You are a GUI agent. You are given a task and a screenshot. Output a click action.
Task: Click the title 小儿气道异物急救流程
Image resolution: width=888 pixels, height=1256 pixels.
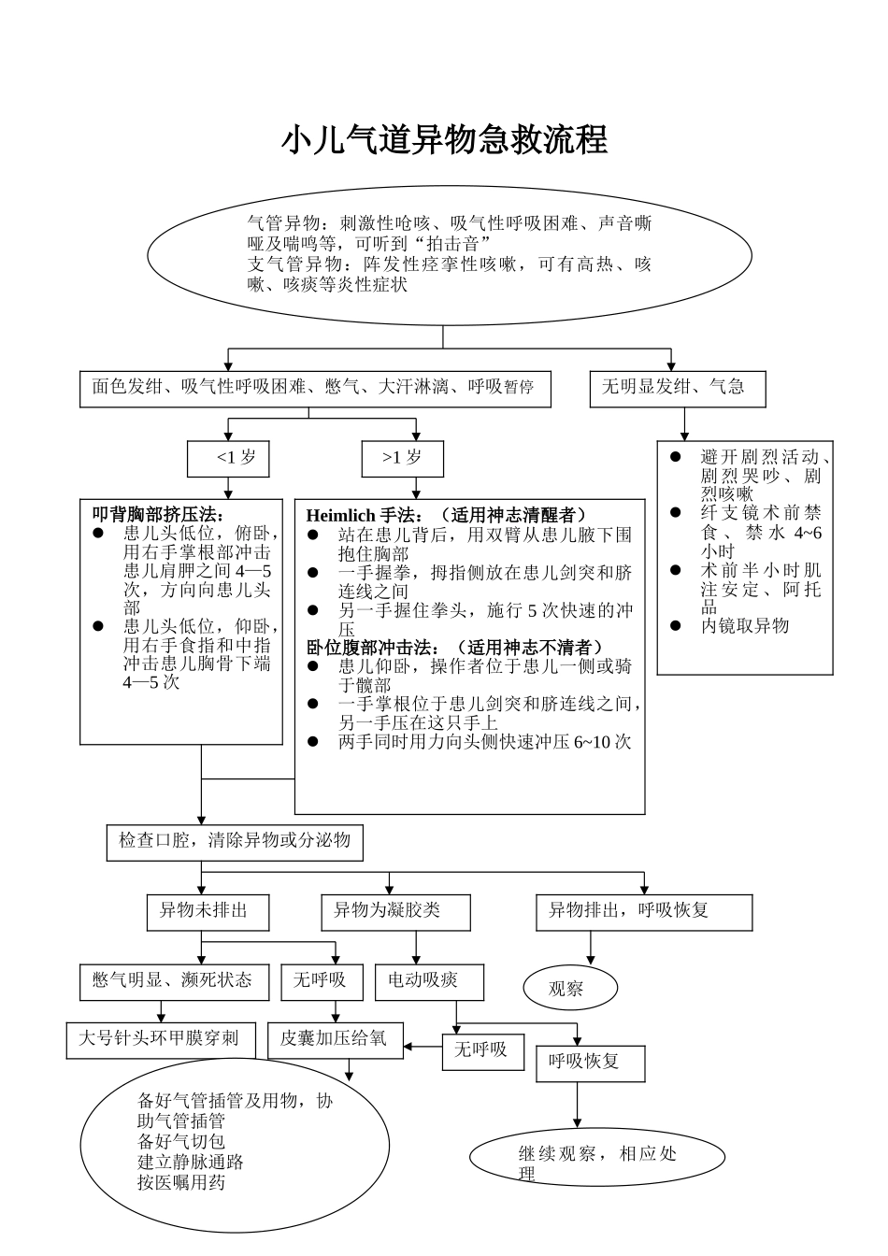pyautogui.click(x=444, y=140)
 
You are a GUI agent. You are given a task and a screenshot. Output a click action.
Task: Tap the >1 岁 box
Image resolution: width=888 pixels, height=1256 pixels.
pyautogui.click(x=403, y=458)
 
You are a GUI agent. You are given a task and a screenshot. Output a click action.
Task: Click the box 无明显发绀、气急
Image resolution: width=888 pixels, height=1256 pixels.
pyautogui.click(x=677, y=388)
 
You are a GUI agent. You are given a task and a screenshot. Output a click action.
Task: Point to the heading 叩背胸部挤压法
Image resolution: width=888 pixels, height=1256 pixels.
pyautogui.click(x=157, y=514)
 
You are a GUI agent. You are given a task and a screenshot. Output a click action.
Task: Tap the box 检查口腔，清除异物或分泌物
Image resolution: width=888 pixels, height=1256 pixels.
pyautogui.click(x=235, y=841)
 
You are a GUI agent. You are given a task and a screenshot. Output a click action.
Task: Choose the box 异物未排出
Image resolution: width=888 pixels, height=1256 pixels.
pyautogui.click(x=208, y=911)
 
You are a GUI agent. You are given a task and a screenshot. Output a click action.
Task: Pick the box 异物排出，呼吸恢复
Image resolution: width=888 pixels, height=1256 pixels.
pyautogui.click(x=644, y=911)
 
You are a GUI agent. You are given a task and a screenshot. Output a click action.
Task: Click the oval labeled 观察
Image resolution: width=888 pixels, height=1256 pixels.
pyautogui.click(x=570, y=989)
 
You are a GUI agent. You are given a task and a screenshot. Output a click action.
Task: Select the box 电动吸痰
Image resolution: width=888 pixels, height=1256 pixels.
pyautogui.click(x=429, y=981)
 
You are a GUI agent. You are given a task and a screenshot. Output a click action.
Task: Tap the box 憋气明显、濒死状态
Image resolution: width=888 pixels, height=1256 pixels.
pyautogui.click(x=174, y=981)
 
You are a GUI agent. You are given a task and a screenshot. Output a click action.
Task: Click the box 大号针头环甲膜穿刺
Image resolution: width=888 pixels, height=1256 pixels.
pyautogui.click(x=161, y=1039)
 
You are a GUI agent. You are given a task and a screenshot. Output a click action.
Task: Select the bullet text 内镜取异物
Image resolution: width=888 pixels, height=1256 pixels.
pyautogui.click(x=745, y=626)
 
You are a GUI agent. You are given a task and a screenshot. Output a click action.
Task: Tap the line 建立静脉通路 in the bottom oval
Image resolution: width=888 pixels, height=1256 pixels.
pyautogui.click(x=191, y=1163)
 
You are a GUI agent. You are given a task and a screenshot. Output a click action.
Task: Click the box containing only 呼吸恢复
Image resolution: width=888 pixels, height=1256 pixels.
pyautogui.click(x=590, y=1063)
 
